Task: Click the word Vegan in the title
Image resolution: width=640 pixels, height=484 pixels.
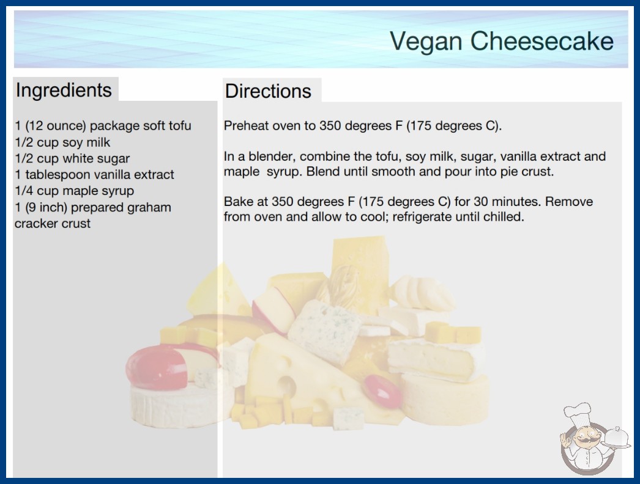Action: click(x=426, y=42)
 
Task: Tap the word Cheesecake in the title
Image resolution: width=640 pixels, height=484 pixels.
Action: click(x=542, y=41)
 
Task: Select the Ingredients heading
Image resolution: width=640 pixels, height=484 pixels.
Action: click(x=64, y=90)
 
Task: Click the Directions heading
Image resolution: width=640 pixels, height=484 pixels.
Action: click(x=268, y=91)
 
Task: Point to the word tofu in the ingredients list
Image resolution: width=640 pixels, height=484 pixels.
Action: click(x=179, y=126)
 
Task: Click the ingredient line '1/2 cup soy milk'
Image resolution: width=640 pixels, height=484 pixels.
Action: click(x=62, y=142)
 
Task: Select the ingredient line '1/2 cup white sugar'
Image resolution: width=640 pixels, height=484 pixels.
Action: click(x=72, y=158)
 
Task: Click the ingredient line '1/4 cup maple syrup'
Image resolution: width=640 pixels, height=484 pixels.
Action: click(x=74, y=191)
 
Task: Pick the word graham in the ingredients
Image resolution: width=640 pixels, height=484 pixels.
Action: click(x=149, y=208)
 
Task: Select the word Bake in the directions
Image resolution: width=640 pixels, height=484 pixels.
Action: click(x=237, y=202)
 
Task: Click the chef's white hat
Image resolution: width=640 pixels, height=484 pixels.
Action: click(x=578, y=414)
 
